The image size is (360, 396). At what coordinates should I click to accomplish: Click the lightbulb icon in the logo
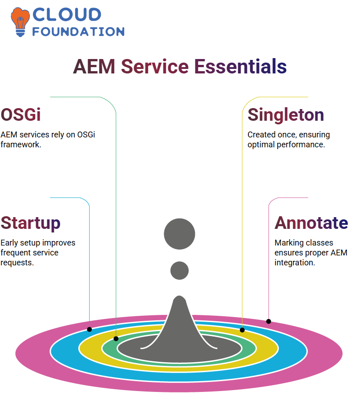20,22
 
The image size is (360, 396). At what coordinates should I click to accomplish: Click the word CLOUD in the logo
67,15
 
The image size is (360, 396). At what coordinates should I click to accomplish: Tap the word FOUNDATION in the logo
78,32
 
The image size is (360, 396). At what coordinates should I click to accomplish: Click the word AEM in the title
94,67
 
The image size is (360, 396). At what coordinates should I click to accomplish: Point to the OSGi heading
21,115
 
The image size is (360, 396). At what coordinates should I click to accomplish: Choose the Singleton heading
286,115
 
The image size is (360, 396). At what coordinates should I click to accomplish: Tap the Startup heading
31,223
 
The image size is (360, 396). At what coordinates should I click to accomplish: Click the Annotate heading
311,223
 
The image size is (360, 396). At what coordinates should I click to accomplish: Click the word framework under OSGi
21,145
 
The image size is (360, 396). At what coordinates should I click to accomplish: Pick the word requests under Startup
17,263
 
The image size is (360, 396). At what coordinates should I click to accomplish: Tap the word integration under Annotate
295,263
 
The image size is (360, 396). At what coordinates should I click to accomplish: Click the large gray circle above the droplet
180,234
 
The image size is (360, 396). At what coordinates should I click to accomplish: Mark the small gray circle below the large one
180,270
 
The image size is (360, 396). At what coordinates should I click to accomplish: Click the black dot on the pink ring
269,321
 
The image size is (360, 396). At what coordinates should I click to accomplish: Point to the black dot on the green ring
116,339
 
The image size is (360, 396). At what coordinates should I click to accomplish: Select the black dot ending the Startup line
90,329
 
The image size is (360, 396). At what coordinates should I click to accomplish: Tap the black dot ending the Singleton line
242,330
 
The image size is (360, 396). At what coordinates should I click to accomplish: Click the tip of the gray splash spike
180,296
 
